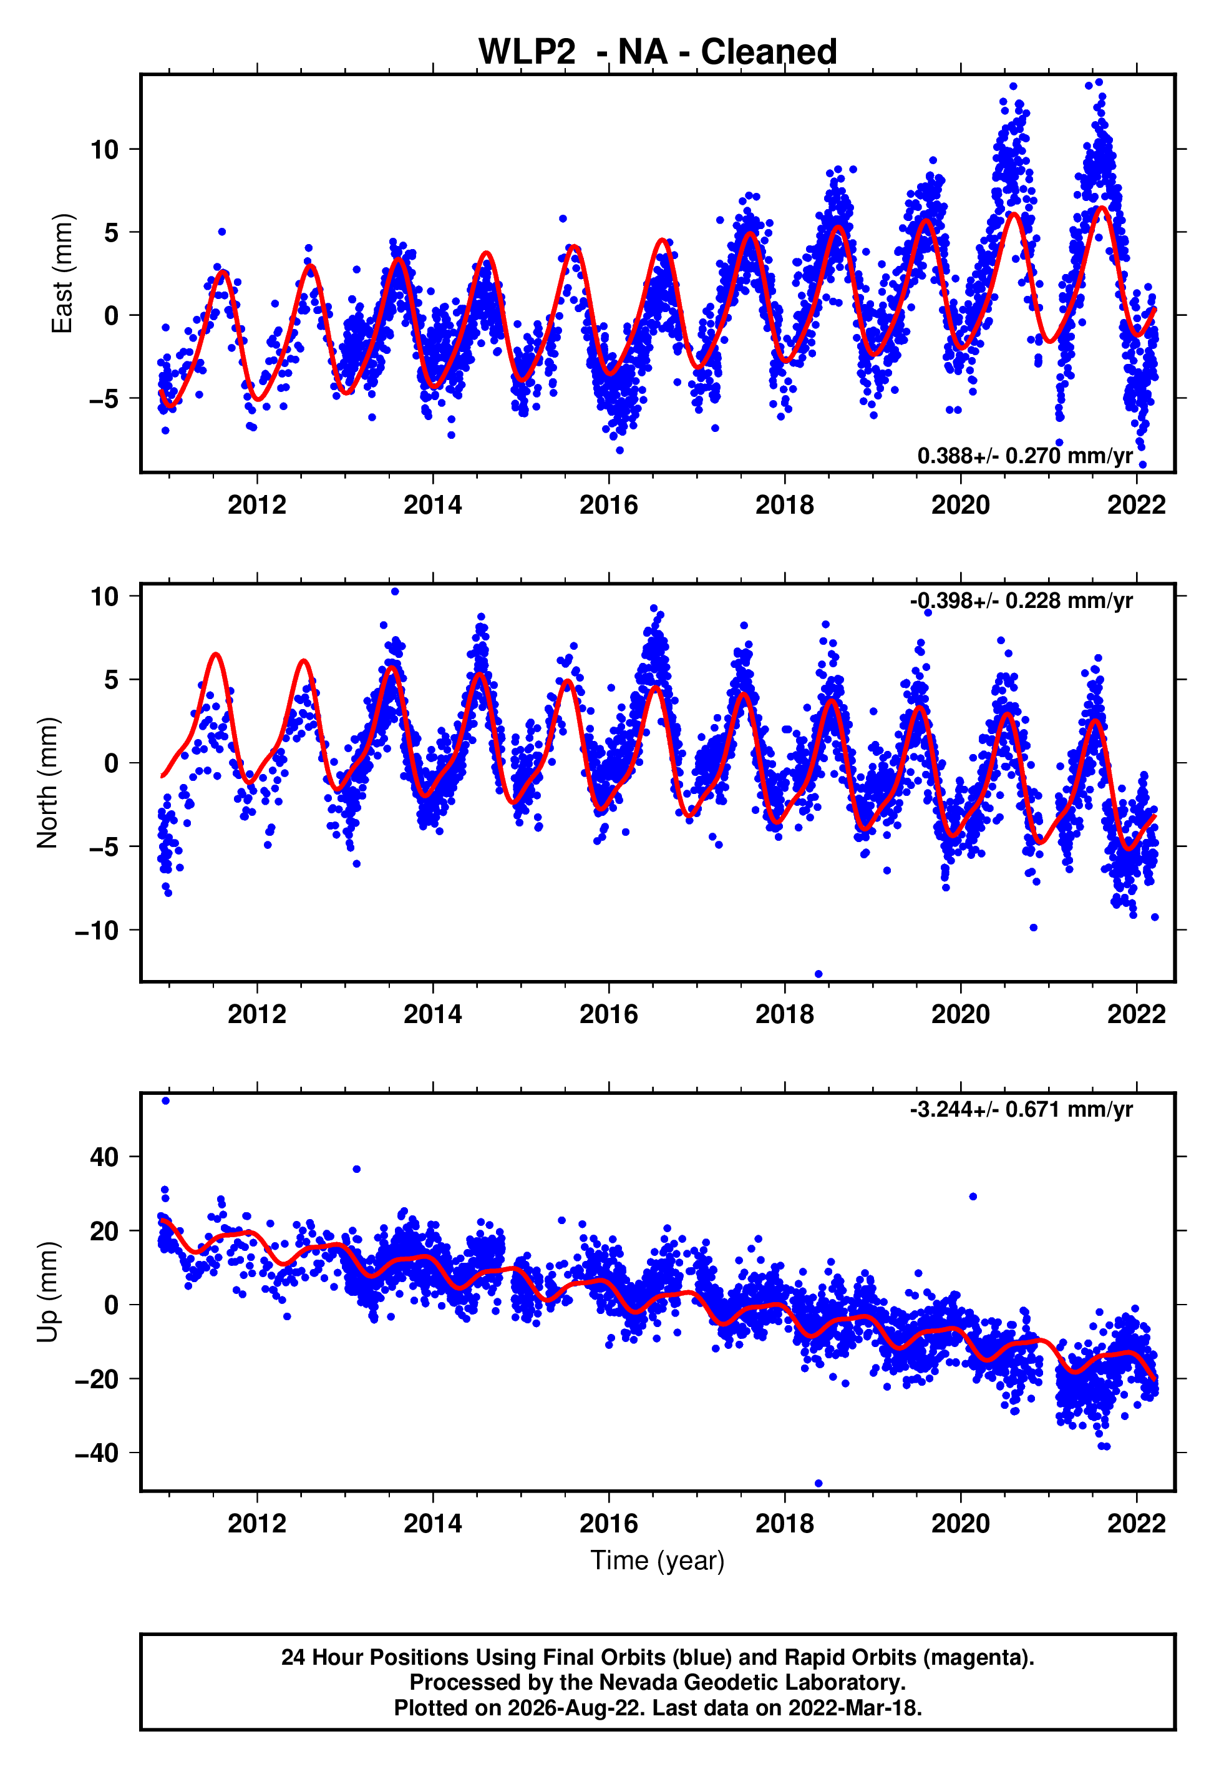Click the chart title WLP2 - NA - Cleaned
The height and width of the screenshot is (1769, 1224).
coord(658,51)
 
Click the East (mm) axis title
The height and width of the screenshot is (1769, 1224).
coord(61,273)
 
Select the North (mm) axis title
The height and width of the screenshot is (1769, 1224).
coord(47,783)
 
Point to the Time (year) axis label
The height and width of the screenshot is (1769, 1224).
coord(658,1561)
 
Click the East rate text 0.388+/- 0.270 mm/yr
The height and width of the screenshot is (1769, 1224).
coord(1024,456)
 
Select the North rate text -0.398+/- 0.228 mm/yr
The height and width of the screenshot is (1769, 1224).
coord(1021,600)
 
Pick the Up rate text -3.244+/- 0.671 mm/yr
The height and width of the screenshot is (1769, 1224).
coord(1021,1109)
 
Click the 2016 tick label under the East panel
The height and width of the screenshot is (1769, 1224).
coord(609,505)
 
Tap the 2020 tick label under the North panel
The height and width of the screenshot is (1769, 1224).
coord(960,1014)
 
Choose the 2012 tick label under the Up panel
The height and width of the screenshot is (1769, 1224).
coord(257,1524)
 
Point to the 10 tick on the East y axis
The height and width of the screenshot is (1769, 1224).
coord(104,150)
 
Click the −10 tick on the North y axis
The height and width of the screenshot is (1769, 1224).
coord(97,931)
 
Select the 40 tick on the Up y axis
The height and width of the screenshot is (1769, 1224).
coord(104,1157)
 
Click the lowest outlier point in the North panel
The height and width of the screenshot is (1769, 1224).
coord(818,974)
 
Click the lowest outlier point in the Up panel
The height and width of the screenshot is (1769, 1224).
coord(818,1484)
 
